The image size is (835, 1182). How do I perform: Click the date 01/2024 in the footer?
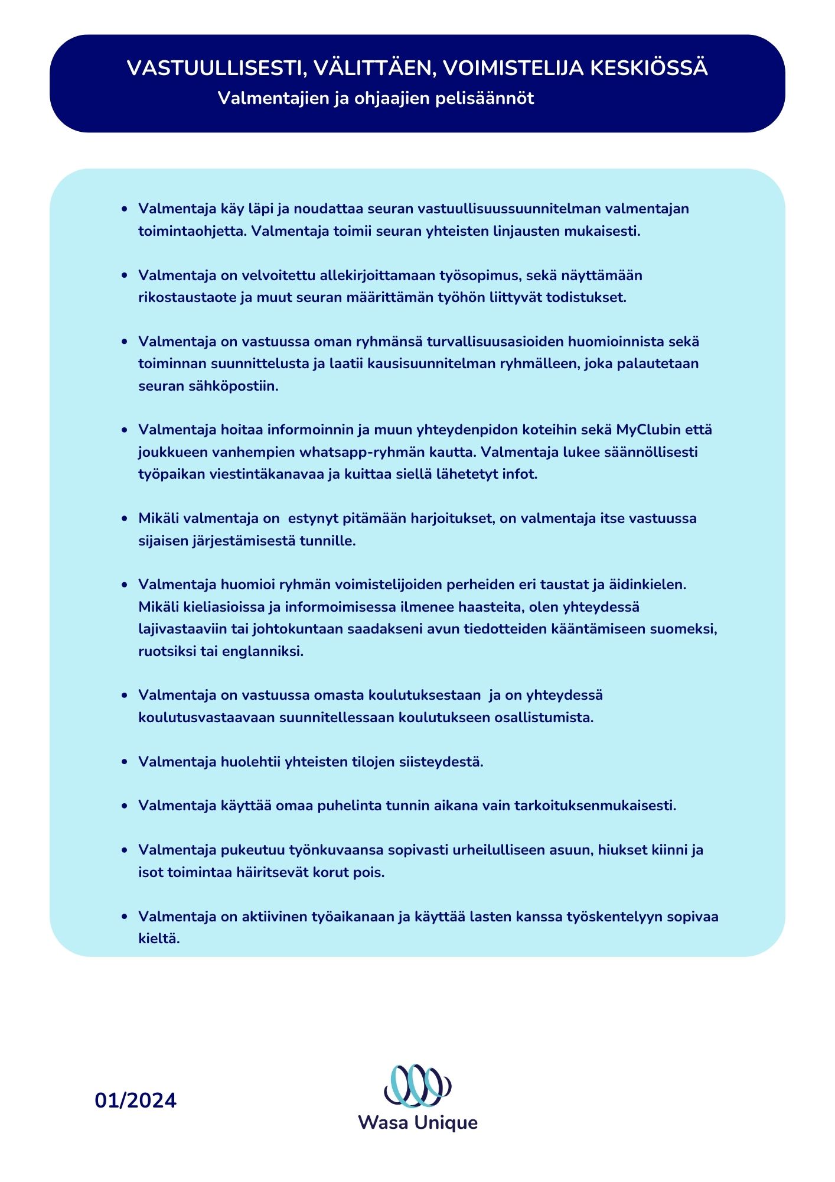[136, 1100]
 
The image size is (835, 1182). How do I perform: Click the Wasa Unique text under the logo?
[417, 1122]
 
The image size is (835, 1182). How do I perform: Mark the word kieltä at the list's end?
[159, 939]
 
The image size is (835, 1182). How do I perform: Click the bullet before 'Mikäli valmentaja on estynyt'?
[124, 519]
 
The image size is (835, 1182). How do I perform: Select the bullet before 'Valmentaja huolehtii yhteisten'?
[124, 762]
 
